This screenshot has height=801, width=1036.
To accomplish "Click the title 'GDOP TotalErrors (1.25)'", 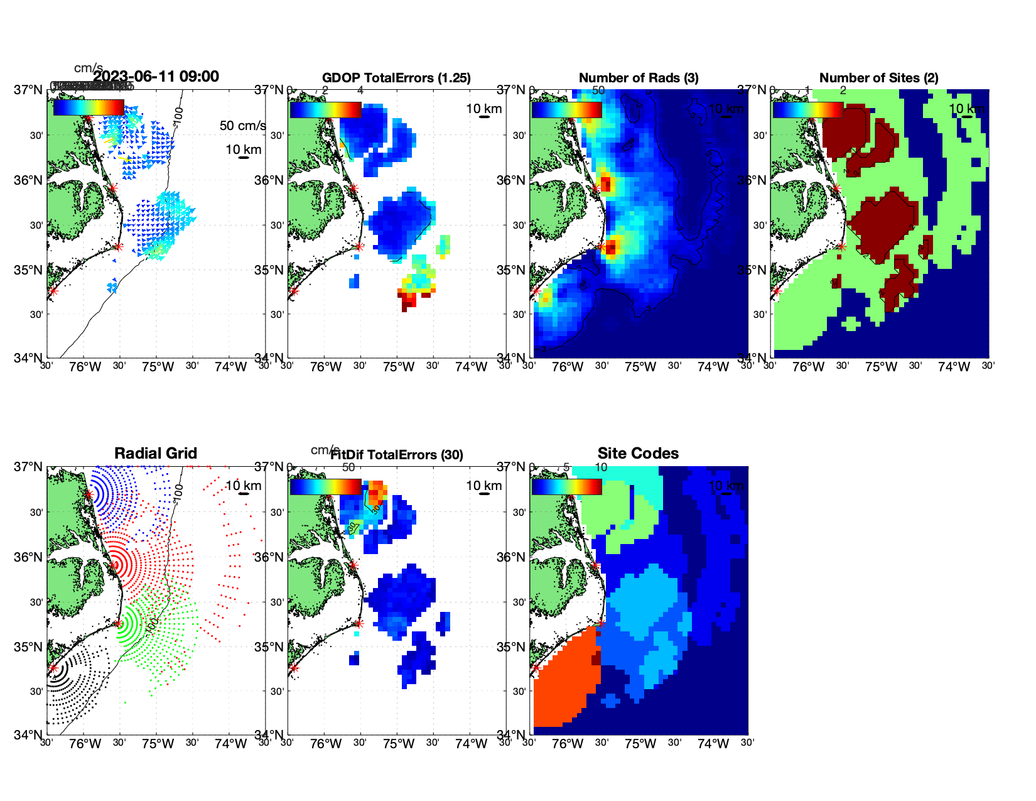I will click(396, 78).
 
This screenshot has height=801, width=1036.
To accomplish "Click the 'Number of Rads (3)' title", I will click(639, 78).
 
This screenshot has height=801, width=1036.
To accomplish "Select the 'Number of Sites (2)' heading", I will click(878, 78).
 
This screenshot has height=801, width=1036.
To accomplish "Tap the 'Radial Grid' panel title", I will click(156, 454).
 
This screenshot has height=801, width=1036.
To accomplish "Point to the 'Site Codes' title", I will click(638, 454).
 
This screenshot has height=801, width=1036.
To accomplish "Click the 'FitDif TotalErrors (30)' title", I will click(397, 455).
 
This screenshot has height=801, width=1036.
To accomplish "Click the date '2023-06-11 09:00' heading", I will click(156, 77).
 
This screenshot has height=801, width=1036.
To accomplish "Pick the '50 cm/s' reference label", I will click(242, 126).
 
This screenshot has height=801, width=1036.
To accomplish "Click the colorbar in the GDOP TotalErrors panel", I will click(325, 109).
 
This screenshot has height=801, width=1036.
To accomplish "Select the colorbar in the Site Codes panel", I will click(566, 486).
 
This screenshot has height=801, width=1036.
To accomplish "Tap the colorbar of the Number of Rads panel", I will click(566, 109).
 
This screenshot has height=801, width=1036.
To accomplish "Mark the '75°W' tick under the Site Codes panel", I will click(640, 744).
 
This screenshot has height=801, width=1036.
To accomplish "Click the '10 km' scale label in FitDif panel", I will click(483, 486).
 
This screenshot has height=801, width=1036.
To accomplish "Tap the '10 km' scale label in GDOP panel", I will click(483, 109).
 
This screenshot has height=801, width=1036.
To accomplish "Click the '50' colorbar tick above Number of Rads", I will click(598, 90).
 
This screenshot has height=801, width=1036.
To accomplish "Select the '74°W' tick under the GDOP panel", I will click(472, 367).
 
